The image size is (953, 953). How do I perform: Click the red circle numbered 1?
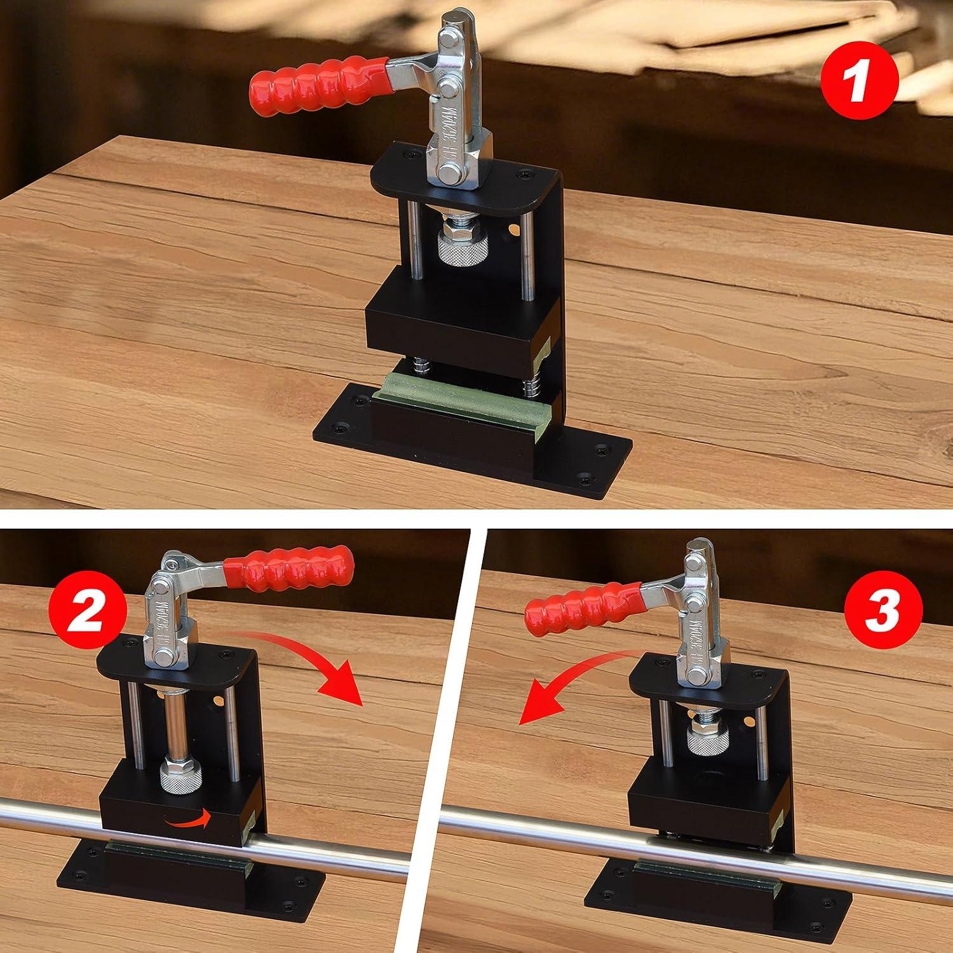pyautogui.click(x=859, y=83)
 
